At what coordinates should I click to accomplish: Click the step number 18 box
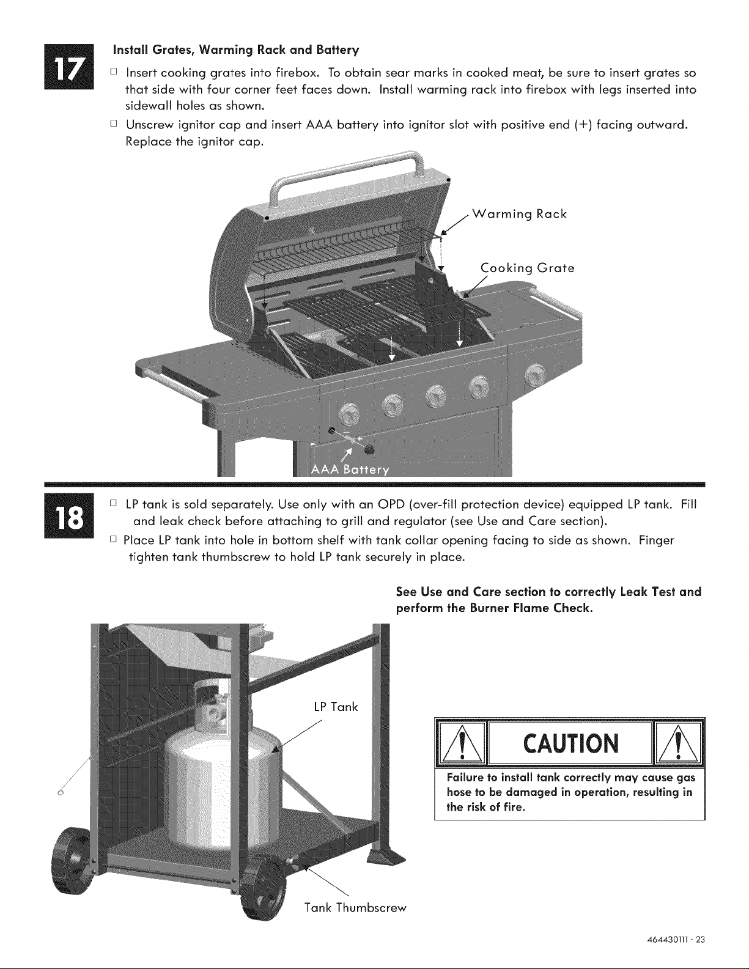69,516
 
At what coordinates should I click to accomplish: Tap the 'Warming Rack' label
519,215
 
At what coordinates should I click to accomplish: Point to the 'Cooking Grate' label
528,268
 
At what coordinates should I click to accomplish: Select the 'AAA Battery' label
350,470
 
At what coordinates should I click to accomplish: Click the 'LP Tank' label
336,707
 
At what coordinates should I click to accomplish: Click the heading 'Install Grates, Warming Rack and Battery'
236,50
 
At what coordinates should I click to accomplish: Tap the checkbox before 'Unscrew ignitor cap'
114,123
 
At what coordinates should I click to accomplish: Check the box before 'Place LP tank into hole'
114,539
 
